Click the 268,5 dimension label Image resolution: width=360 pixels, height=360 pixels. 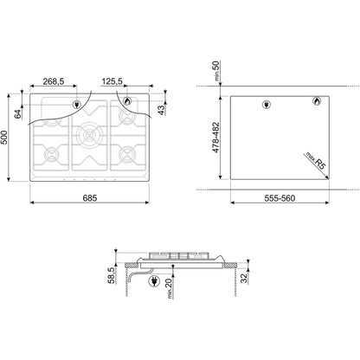pyautogui.click(x=54, y=81)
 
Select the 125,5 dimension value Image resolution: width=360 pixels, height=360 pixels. pyautogui.click(x=112, y=81)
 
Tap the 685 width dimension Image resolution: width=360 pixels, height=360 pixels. pyautogui.click(x=90, y=198)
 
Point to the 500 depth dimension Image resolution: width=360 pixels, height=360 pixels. pyautogui.click(x=4, y=138)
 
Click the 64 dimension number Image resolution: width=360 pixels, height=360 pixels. pyautogui.click(x=18, y=113)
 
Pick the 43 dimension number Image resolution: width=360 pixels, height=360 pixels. pyautogui.click(x=161, y=110)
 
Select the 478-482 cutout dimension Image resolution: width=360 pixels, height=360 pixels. pyautogui.click(x=215, y=138)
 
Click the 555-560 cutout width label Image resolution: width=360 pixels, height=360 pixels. pyautogui.click(x=280, y=198)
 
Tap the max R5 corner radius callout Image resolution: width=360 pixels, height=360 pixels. pyautogui.click(x=316, y=162)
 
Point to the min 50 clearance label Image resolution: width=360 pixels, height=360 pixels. pyautogui.click(x=215, y=71)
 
